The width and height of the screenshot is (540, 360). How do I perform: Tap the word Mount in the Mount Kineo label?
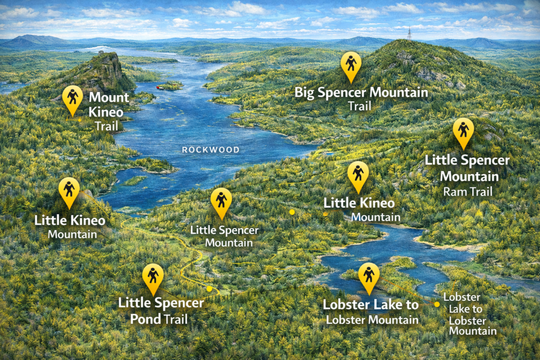[x=109, y=98]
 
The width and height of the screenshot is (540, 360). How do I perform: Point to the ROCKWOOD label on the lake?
[x=210, y=150]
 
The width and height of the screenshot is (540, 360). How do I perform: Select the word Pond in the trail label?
[x=146, y=319]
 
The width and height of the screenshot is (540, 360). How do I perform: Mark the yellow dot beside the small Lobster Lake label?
[x=437, y=304]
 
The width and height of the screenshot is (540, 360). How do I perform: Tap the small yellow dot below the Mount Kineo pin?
[x=80, y=120]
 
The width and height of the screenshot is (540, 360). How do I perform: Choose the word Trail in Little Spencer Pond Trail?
[x=176, y=319]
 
